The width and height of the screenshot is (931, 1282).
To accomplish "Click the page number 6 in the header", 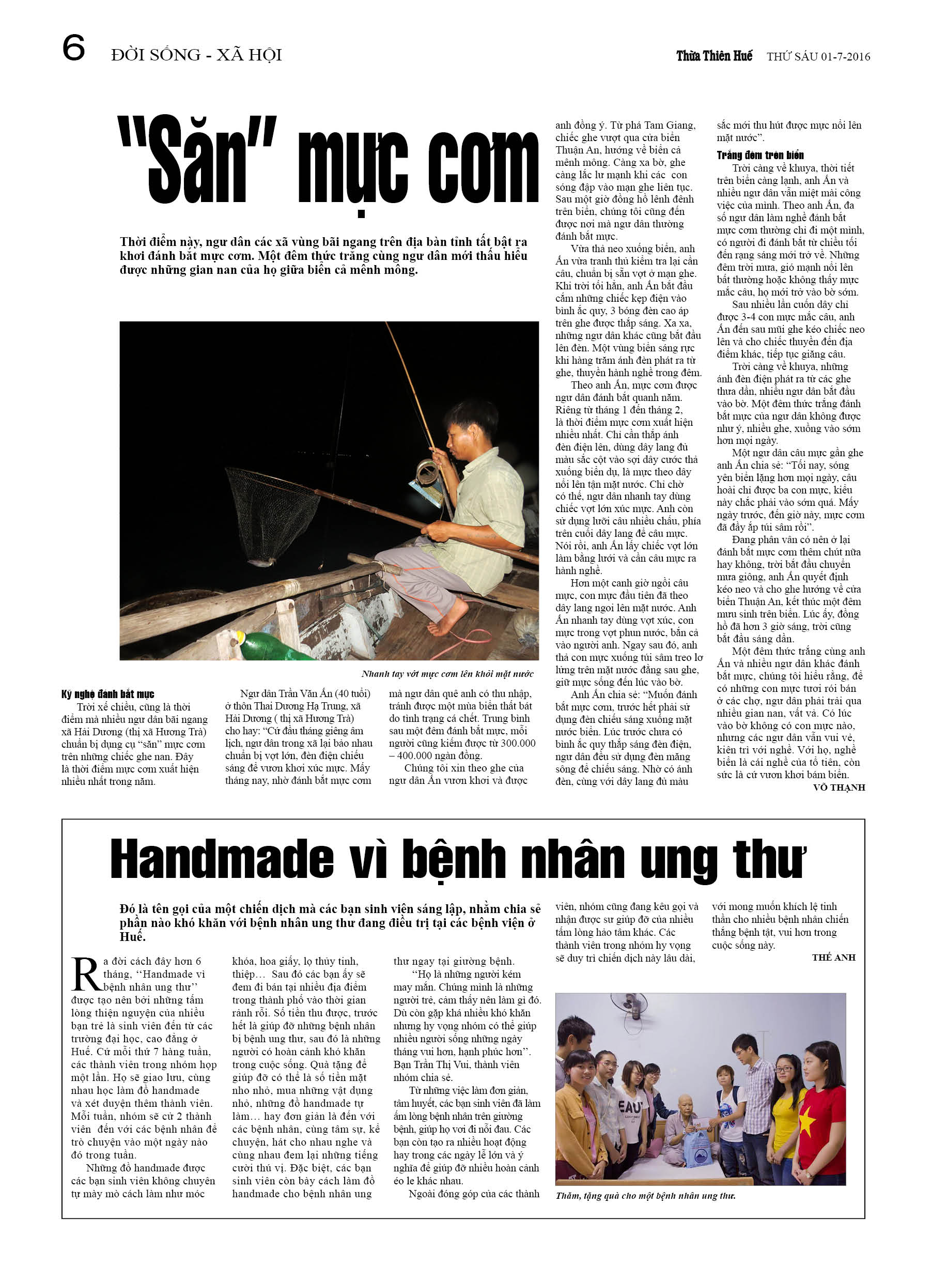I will click(73, 48).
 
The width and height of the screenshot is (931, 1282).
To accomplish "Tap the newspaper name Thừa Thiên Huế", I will click(714, 56).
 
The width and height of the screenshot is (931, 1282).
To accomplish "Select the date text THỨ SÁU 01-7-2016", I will click(818, 56).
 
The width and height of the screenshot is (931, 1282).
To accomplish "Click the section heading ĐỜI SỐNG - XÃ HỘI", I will click(196, 55).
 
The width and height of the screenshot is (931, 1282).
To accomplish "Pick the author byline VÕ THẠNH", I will click(839, 787).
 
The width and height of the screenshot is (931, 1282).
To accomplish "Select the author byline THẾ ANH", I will click(833, 957).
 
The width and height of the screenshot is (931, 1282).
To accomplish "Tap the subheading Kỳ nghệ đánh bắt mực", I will click(108, 694).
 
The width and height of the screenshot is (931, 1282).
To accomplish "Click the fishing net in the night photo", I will click(272, 509).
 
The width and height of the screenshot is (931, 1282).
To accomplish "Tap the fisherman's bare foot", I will click(444, 626).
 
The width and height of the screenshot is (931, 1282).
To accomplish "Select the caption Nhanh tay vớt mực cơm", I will click(447, 674).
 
